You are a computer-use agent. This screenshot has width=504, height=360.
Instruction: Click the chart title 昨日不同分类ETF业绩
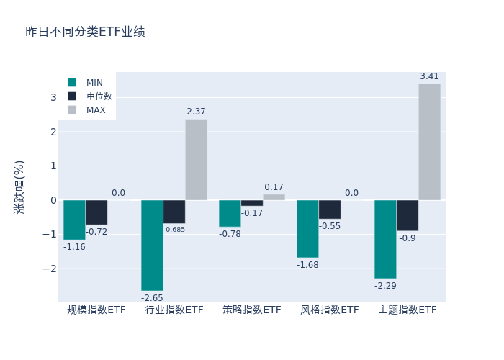(x=85, y=32)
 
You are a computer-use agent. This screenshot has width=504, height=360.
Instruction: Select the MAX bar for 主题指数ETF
(x=429, y=142)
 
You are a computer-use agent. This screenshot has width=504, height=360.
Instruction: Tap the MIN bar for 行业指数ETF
(x=152, y=245)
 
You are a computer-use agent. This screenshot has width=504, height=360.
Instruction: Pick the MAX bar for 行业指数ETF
(x=196, y=160)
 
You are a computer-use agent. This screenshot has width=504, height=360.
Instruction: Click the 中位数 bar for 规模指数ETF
(x=96, y=212)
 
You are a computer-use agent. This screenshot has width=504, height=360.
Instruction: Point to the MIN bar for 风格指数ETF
(x=307, y=228)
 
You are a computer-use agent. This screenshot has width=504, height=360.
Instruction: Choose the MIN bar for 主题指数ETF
(x=385, y=239)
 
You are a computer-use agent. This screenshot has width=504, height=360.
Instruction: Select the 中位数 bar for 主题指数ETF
(x=407, y=215)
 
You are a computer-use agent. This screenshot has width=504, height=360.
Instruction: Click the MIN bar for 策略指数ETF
(x=230, y=213)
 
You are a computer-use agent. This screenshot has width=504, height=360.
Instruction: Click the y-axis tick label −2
(x=50, y=269)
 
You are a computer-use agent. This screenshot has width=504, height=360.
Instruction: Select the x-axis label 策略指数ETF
(x=252, y=310)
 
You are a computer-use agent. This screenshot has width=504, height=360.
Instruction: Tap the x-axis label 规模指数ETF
(x=96, y=310)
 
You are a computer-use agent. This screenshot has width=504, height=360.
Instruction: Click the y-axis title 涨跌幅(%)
(x=19, y=186)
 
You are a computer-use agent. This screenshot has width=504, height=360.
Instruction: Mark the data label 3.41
(x=429, y=76)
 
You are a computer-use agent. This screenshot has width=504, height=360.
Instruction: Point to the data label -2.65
(x=152, y=298)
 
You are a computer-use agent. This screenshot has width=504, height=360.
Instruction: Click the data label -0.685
(x=174, y=230)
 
